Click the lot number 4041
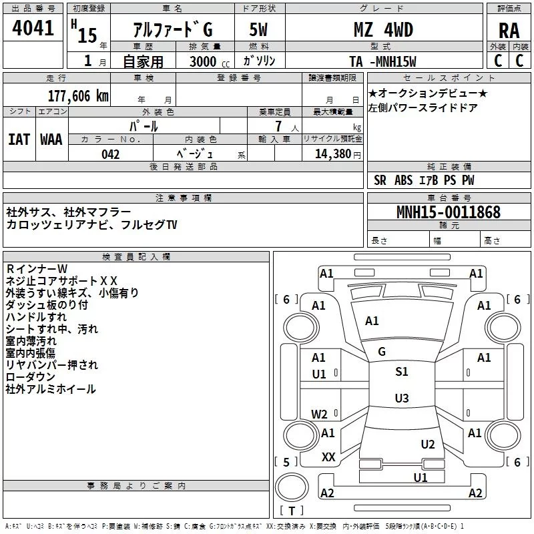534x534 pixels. click(33, 30)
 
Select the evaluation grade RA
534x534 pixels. click(509, 31)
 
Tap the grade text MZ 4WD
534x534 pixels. click(383, 30)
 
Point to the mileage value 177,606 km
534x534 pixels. click(78, 95)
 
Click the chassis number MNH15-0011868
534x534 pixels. click(448, 212)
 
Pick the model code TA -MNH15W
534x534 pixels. click(382, 61)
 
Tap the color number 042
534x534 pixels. click(111, 154)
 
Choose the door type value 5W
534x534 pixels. click(258, 30)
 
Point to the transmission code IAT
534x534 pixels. click(19, 140)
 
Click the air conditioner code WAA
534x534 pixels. click(51, 140)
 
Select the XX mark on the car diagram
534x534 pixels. click(328, 457)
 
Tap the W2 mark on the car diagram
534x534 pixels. click(320, 414)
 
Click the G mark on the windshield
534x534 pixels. click(382, 352)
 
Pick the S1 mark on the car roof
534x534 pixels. click(401, 372)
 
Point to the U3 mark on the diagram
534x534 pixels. click(401, 398)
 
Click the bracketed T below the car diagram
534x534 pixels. click(292, 511)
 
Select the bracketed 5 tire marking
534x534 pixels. click(286, 462)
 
